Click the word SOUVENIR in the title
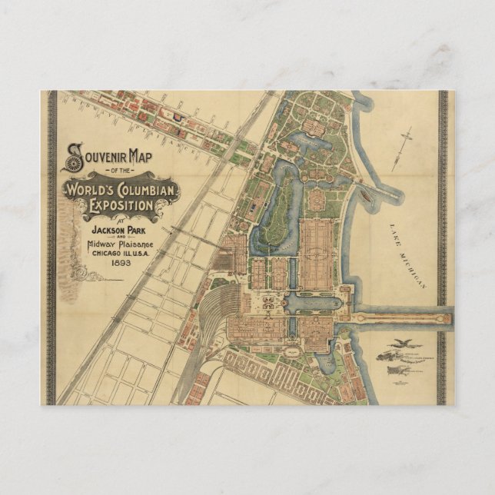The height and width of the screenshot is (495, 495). [x=102, y=156]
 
